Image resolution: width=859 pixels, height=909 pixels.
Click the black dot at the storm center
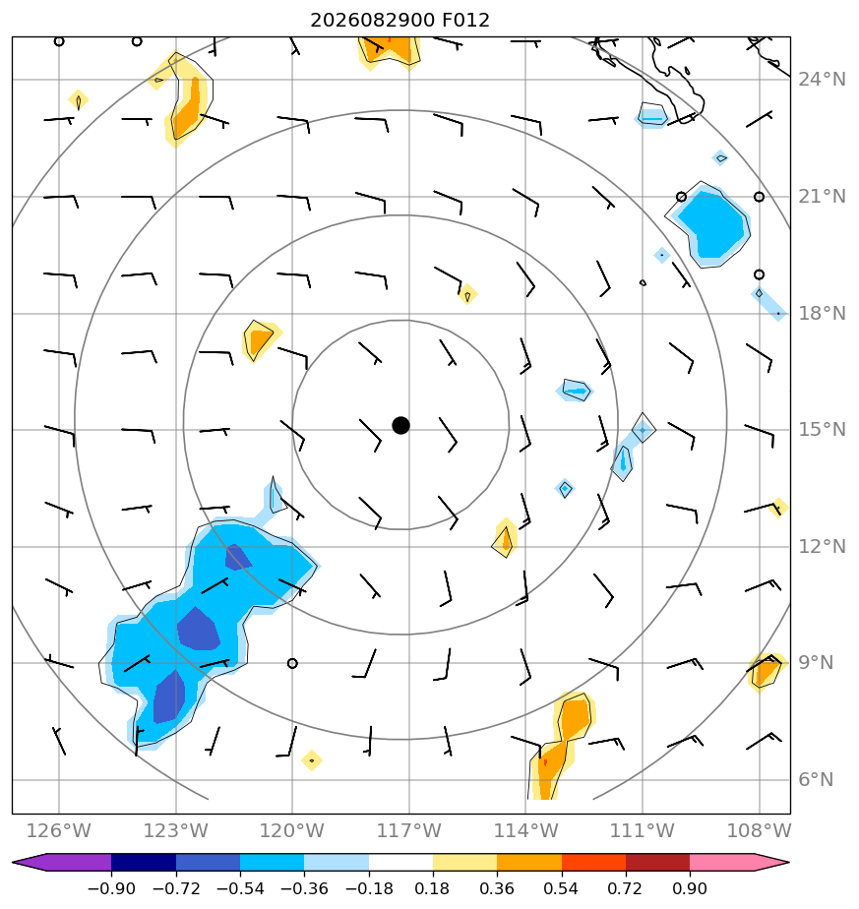(400, 426)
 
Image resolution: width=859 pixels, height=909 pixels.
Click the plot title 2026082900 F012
(399, 21)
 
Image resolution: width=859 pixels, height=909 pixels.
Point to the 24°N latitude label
(822, 80)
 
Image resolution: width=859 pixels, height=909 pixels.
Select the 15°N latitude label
(822, 430)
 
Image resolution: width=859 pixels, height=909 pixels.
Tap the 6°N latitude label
(816, 780)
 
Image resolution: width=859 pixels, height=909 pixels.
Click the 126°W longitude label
(59, 830)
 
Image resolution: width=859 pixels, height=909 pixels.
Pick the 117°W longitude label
(409, 830)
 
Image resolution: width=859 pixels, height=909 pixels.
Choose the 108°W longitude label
(760, 830)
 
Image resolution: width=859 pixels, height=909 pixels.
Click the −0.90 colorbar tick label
(111, 888)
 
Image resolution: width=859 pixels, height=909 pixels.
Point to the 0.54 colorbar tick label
(562, 888)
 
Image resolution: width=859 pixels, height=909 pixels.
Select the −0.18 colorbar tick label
(369, 888)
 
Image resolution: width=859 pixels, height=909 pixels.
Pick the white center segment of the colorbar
(400, 862)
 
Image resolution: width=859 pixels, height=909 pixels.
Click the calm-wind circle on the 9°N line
(292, 663)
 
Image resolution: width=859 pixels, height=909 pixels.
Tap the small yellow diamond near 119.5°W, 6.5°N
(312, 760)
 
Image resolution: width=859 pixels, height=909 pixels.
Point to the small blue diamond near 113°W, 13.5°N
(565, 489)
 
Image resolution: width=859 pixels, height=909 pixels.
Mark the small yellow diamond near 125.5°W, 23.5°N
(79, 100)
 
